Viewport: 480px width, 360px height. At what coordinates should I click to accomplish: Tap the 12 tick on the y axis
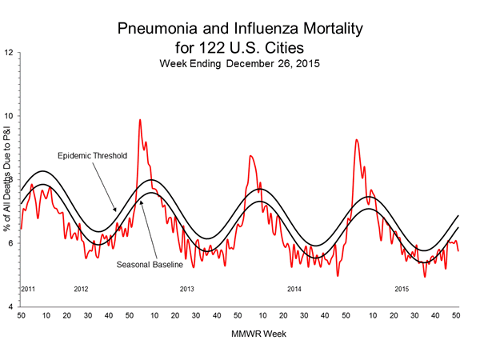pyautogui.click(x=8, y=53)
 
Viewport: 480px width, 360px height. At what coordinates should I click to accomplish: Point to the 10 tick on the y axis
pyautogui.click(x=8, y=116)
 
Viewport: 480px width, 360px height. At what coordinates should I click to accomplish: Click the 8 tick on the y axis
pyautogui.click(x=10, y=180)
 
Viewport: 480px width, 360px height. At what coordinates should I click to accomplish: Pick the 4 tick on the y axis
pyautogui.click(x=10, y=307)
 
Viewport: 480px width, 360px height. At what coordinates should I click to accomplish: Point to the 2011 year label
pyautogui.click(x=27, y=288)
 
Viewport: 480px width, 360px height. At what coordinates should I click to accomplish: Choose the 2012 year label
pyautogui.click(x=81, y=288)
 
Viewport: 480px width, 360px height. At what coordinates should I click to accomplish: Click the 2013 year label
pyautogui.click(x=187, y=288)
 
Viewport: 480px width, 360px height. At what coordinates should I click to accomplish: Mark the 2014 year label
pyautogui.click(x=294, y=288)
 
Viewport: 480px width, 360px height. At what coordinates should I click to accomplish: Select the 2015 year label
pyautogui.click(x=401, y=288)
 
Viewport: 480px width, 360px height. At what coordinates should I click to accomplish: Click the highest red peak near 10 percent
pyautogui.click(x=140, y=120)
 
